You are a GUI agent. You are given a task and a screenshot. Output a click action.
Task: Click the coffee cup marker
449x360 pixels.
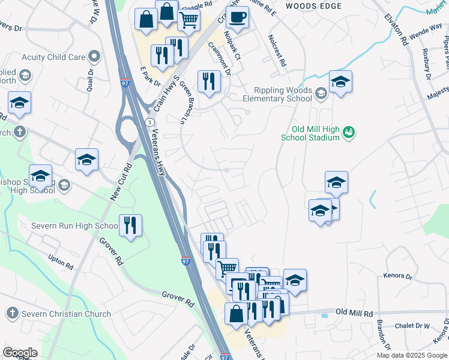click(238, 19)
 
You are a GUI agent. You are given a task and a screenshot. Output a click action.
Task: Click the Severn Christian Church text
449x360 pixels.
click(67, 314)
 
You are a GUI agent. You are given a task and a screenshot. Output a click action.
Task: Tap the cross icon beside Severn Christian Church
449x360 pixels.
click(12, 313)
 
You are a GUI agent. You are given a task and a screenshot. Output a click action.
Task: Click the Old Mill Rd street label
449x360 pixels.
click(354, 313)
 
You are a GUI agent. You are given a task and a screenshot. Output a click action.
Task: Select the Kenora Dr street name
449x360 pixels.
click(397, 277)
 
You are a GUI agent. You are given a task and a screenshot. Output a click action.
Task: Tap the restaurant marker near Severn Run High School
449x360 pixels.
click(130, 226)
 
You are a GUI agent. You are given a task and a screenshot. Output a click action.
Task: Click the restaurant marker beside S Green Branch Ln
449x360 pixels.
click(209, 82)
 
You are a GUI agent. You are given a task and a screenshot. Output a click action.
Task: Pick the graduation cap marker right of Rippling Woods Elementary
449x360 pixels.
click(340, 82)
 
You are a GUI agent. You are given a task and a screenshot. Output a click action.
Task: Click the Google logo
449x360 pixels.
click(20, 352)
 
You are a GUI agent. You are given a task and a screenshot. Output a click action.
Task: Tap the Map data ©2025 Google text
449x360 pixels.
click(411, 355)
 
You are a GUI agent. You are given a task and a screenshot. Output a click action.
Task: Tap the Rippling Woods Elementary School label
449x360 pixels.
click(277, 94)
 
